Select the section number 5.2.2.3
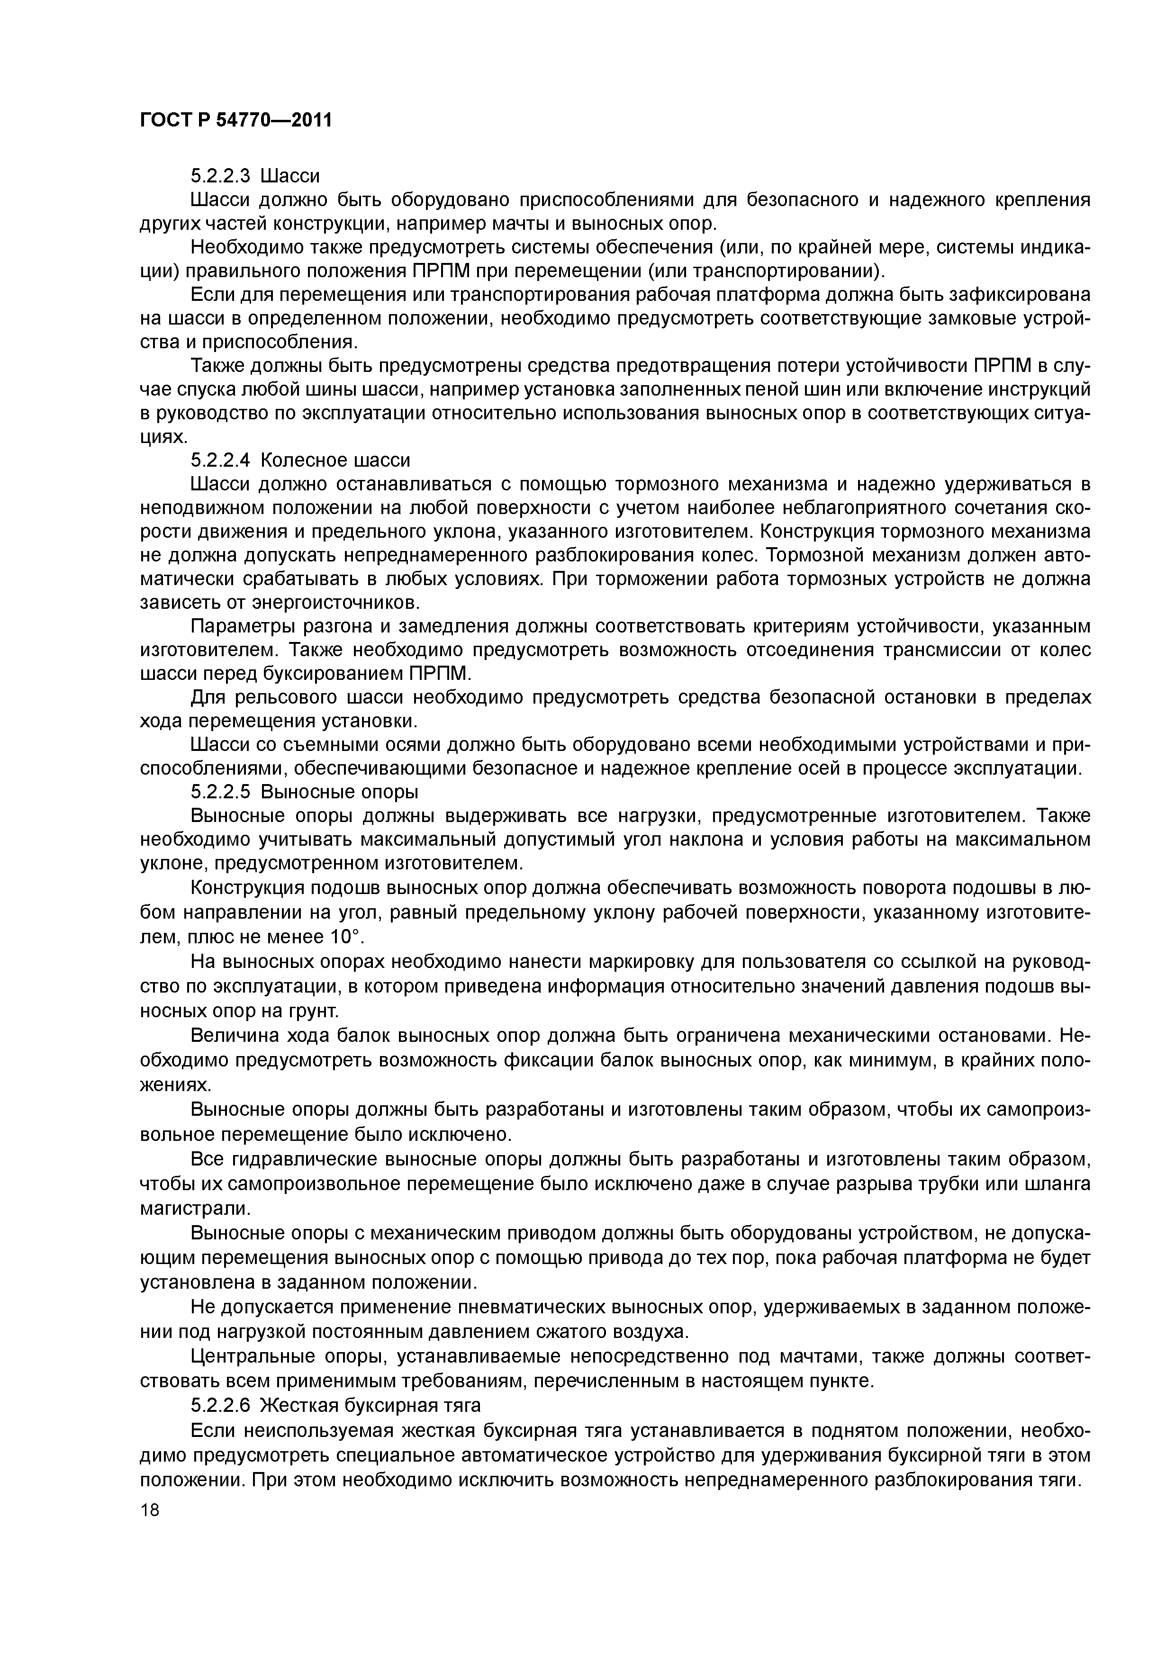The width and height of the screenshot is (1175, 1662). tap(221, 176)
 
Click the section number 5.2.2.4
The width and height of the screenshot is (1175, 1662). tap(221, 461)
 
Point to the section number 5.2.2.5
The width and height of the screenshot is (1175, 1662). tap(221, 792)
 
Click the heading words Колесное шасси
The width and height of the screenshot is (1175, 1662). tap(334, 461)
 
